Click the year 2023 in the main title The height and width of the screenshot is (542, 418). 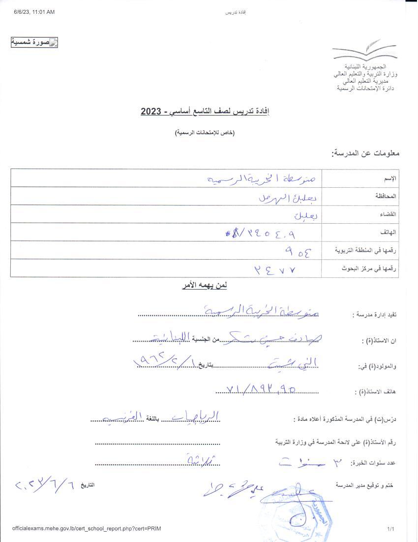[151, 112]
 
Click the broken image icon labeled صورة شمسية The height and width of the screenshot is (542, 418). [34, 42]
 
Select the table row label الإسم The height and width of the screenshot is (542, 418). [389, 178]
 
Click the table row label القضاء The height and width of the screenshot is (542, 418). [388, 214]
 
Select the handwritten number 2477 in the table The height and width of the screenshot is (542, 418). [277, 269]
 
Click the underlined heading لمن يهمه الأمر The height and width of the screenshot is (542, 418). [204, 285]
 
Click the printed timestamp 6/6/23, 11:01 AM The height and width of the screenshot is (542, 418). [34, 12]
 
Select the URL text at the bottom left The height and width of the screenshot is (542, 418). [87, 529]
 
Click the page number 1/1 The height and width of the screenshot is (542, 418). [391, 529]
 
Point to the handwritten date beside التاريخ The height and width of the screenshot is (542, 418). [45, 485]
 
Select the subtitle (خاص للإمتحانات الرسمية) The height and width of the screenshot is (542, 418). [206, 133]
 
